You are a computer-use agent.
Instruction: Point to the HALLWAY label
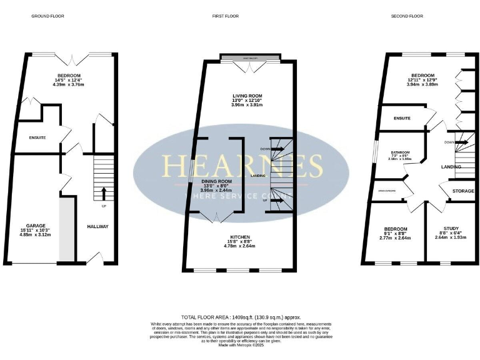tap(97, 226)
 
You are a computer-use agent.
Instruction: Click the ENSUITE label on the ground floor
tap(37, 137)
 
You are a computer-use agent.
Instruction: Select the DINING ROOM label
tap(216, 181)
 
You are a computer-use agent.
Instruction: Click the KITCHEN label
tap(240, 237)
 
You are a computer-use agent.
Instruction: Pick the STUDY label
tap(451, 229)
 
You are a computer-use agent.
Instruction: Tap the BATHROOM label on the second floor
tap(400, 152)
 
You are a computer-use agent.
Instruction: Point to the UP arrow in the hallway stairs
tap(103, 191)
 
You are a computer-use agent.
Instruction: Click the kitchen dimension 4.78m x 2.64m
tap(240, 247)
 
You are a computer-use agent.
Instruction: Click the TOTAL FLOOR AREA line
tap(240, 318)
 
